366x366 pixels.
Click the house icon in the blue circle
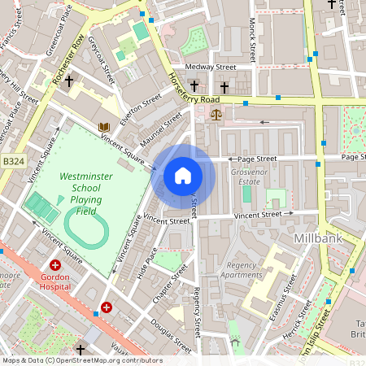pyautogui.click(x=183, y=176)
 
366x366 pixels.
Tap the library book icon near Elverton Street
pyautogui.click(x=103, y=127)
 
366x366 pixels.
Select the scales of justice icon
pyautogui.click(x=216, y=114)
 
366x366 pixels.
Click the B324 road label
pyautogui.click(x=11, y=162)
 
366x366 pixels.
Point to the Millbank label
pyautogui.click(x=316, y=239)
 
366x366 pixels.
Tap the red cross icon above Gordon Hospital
pyautogui.click(x=55, y=265)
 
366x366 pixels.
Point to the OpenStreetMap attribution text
pyautogui.click(x=82, y=359)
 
